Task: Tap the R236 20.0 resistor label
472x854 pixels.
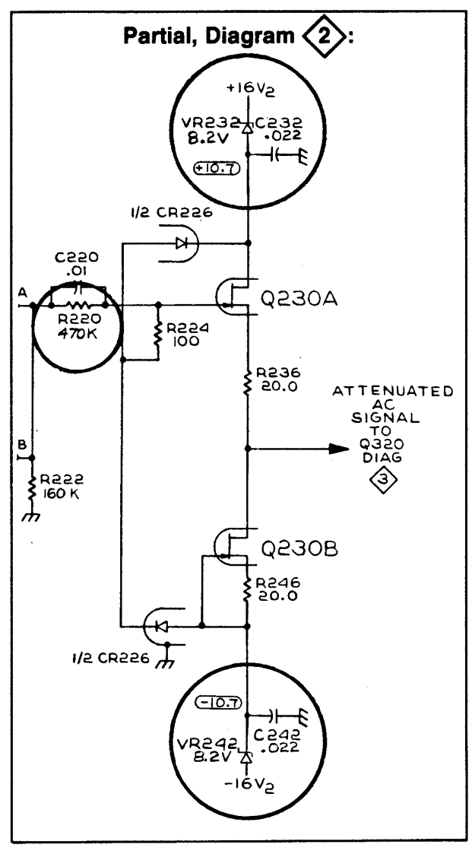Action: pos(280,379)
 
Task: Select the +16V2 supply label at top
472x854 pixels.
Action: pos(248,90)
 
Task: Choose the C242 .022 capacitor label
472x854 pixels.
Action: pos(282,742)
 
